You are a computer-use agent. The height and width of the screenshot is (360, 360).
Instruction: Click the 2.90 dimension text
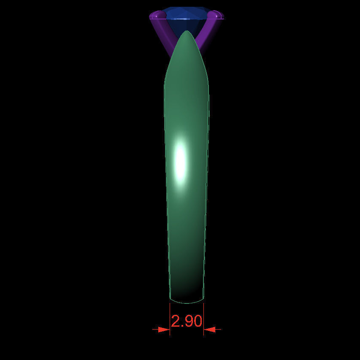click(187, 322)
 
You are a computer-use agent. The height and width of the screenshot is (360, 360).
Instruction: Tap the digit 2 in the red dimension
click(176, 322)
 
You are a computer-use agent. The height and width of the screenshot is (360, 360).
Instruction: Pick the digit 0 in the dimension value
click(197, 322)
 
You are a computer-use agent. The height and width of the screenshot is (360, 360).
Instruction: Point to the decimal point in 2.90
click(182, 327)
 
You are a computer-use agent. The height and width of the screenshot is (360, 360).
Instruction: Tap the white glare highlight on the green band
click(181, 160)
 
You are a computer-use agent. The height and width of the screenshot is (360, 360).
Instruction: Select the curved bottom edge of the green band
click(187, 302)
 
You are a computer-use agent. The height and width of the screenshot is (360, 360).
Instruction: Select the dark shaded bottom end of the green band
click(187, 291)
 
